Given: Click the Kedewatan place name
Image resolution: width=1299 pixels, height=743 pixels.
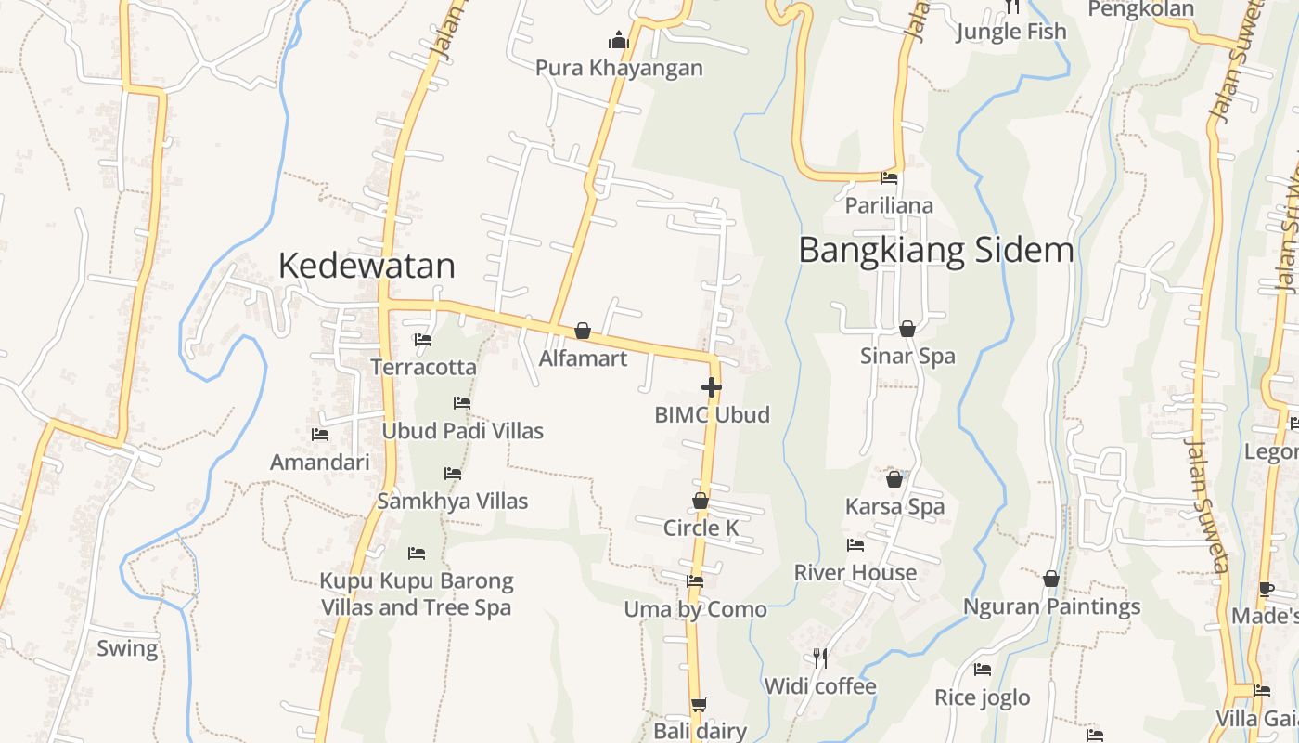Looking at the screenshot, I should (367, 266).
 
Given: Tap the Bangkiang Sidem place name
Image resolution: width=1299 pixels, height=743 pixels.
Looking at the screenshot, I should (935, 250).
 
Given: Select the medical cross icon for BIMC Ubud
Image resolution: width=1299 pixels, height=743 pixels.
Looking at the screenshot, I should (712, 387).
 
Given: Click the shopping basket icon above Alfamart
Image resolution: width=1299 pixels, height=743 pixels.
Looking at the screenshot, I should (583, 331).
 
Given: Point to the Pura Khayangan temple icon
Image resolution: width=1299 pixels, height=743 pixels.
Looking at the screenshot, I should (618, 40).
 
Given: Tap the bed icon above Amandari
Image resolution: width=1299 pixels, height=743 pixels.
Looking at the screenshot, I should (320, 434).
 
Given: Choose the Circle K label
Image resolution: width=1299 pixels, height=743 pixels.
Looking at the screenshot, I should (701, 528).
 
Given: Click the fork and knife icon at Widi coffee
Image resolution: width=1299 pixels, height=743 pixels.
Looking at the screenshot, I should (820, 658).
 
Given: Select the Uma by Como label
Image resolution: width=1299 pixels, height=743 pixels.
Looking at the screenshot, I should (695, 609).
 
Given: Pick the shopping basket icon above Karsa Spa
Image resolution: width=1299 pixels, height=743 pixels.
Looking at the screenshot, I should (894, 479).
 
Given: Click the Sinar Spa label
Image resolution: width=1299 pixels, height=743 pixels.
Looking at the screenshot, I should (907, 356).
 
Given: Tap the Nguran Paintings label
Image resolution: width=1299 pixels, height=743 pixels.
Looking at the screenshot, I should (1051, 606).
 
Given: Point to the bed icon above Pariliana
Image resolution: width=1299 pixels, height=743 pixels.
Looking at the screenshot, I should (889, 177).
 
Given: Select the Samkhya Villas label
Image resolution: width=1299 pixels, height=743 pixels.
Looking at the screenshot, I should (452, 502).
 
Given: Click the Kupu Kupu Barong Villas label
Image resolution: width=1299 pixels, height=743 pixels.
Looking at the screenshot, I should (416, 594).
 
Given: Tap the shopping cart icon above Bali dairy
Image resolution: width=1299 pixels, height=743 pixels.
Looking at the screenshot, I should (700, 705).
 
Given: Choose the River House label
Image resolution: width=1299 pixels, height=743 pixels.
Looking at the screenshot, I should (855, 572).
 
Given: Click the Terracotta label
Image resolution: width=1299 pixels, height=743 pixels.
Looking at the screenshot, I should (423, 367).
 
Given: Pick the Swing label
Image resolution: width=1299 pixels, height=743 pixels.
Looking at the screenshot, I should (127, 648).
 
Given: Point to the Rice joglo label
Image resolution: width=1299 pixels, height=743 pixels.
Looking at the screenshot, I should (982, 697).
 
